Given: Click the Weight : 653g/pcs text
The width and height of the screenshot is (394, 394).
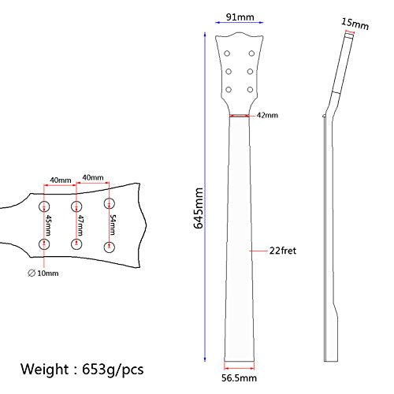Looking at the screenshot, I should coord(83,369).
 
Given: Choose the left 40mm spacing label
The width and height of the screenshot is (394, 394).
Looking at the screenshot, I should coord(61,179).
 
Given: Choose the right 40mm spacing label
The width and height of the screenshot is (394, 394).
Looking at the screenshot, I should coord(93,179).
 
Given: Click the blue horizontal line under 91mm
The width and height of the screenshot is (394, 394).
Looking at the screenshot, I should coord(239,24).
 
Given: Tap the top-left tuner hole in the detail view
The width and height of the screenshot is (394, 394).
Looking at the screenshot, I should coord(44,206).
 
